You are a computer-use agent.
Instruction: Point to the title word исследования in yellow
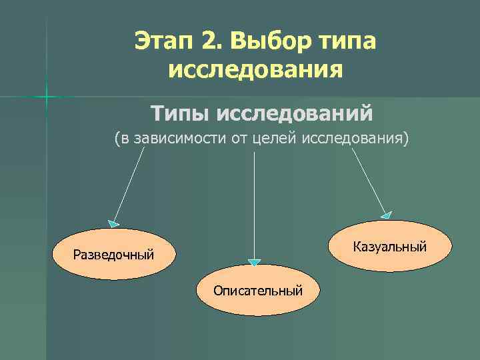[x=257, y=69]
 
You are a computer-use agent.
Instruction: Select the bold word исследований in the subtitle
[x=294, y=113]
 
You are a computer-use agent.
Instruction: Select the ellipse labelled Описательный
[x=258, y=291]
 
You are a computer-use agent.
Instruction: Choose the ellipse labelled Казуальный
[x=389, y=247]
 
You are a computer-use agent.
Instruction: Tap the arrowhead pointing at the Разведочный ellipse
[x=114, y=223]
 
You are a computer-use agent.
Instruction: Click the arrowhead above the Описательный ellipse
[x=254, y=261]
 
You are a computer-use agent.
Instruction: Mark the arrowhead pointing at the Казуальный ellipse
[x=387, y=215]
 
